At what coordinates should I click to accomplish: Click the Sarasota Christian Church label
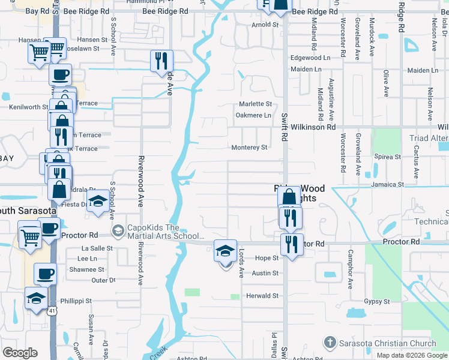388,344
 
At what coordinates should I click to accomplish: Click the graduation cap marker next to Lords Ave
226,252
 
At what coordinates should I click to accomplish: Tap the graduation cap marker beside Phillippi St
36,299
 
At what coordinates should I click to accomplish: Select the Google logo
20,353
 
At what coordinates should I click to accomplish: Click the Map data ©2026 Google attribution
412,355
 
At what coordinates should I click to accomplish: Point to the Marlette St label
256,104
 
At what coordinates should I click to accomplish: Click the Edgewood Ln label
310,58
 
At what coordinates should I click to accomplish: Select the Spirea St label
387,157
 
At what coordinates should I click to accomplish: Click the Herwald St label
264,296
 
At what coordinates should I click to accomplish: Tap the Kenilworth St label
28,107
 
